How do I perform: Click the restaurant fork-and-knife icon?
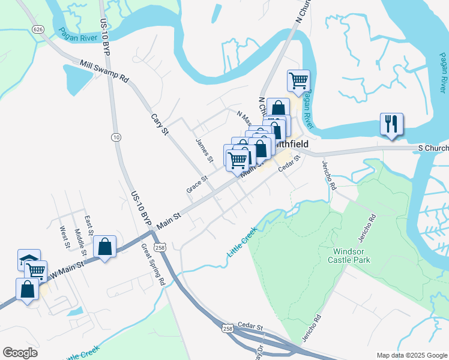point(391,124)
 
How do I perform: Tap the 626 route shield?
point(39,29)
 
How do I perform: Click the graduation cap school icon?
point(29,259)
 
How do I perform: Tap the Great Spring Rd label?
point(152,264)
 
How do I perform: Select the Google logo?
point(20,353)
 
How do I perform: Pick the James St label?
point(205,151)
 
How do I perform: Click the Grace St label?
point(196,184)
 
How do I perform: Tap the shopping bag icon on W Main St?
point(104,246)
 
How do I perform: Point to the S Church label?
point(432,148)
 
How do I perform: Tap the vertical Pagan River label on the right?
point(441,73)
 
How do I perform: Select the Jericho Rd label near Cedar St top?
point(328,175)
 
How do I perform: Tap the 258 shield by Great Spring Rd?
point(159,247)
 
